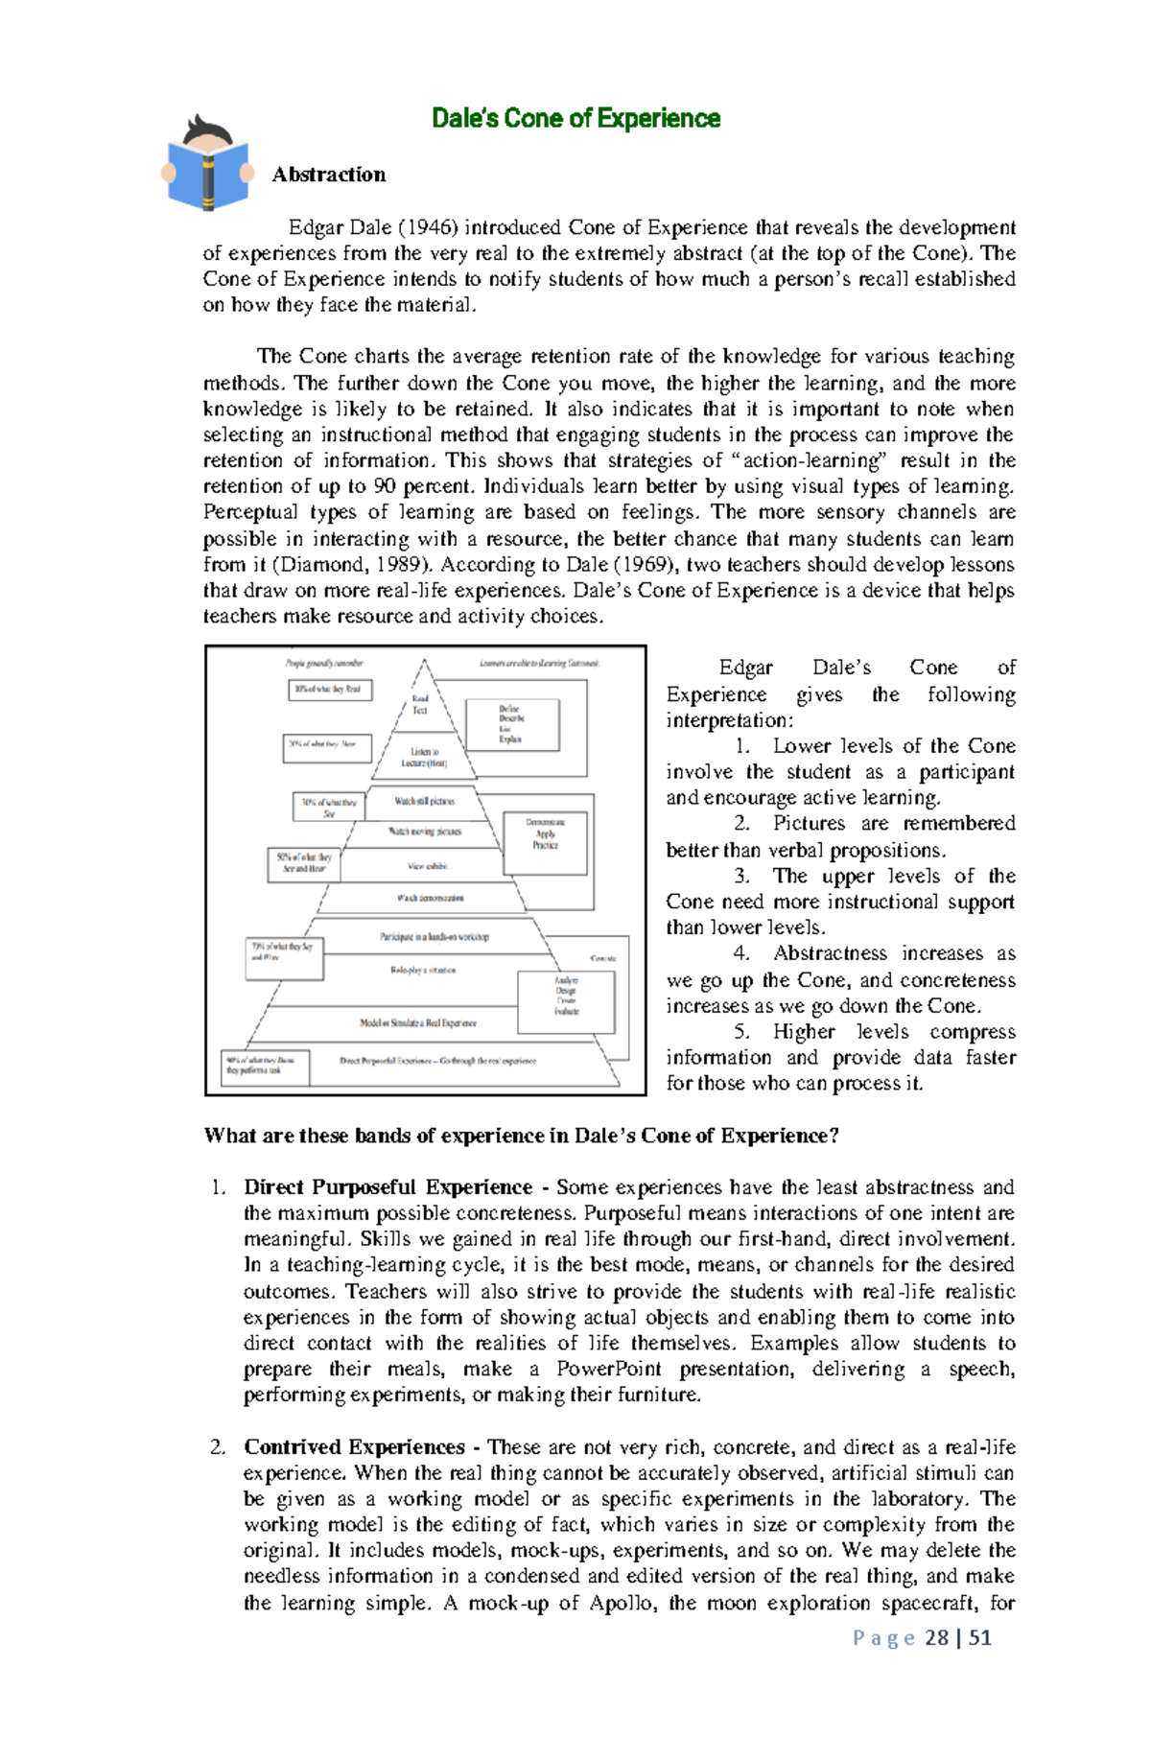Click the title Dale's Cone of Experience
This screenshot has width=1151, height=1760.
click(575, 118)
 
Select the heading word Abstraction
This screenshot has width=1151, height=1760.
click(328, 175)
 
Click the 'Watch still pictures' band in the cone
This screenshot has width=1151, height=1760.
click(424, 801)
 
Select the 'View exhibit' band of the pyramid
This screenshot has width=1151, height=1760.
click(427, 866)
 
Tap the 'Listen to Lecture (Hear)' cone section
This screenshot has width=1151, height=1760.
click(424, 758)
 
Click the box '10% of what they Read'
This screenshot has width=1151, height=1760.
click(329, 690)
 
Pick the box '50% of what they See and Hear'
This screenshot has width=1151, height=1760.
click(303, 863)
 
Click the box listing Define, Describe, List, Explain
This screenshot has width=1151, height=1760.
click(511, 724)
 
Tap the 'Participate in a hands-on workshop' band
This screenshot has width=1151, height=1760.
click(434, 936)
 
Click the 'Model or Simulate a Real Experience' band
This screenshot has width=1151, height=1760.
click(418, 1023)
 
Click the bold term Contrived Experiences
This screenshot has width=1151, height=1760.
click(354, 1446)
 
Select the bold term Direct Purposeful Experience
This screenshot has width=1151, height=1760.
click(388, 1187)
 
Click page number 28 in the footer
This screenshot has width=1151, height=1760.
click(936, 1637)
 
